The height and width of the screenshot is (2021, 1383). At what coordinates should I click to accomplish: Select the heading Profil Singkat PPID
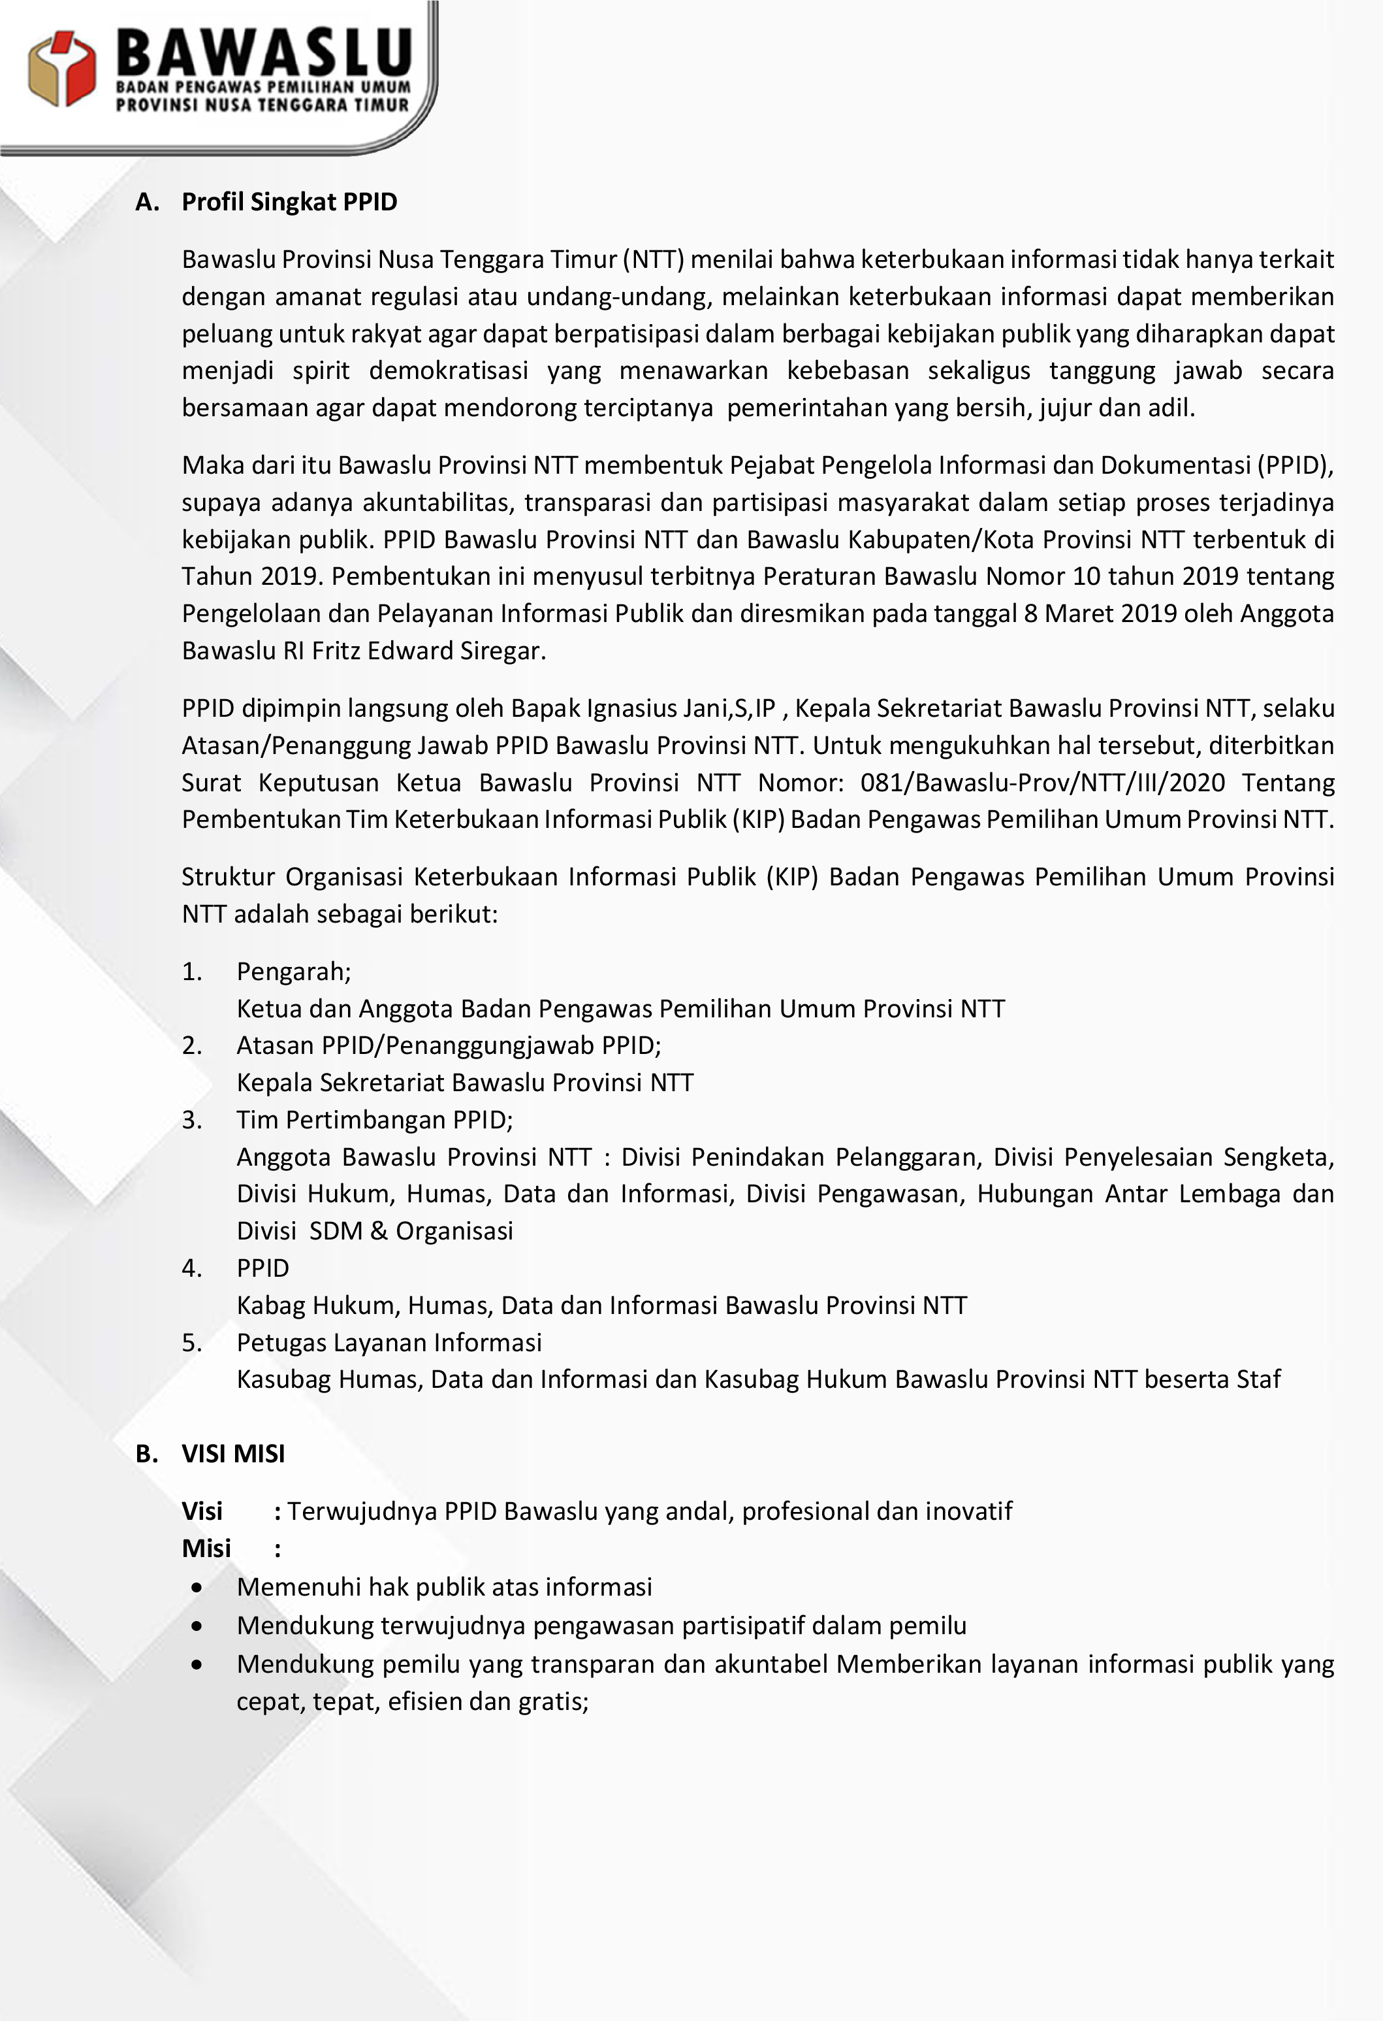[289, 202]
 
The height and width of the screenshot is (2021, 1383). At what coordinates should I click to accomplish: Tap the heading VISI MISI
[233, 1453]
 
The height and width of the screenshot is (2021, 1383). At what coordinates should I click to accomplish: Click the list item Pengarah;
[294, 972]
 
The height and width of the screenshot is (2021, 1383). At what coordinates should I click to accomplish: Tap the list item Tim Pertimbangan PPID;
[375, 1119]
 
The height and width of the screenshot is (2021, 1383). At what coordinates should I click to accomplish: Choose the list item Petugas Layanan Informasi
[389, 1342]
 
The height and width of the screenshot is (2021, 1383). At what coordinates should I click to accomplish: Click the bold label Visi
[202, 1511]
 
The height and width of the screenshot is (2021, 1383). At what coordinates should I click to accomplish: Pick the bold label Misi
[206, 1548]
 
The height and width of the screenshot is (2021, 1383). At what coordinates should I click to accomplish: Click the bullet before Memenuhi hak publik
[199, 1587]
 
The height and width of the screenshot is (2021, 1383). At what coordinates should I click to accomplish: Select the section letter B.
[146, 1453]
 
